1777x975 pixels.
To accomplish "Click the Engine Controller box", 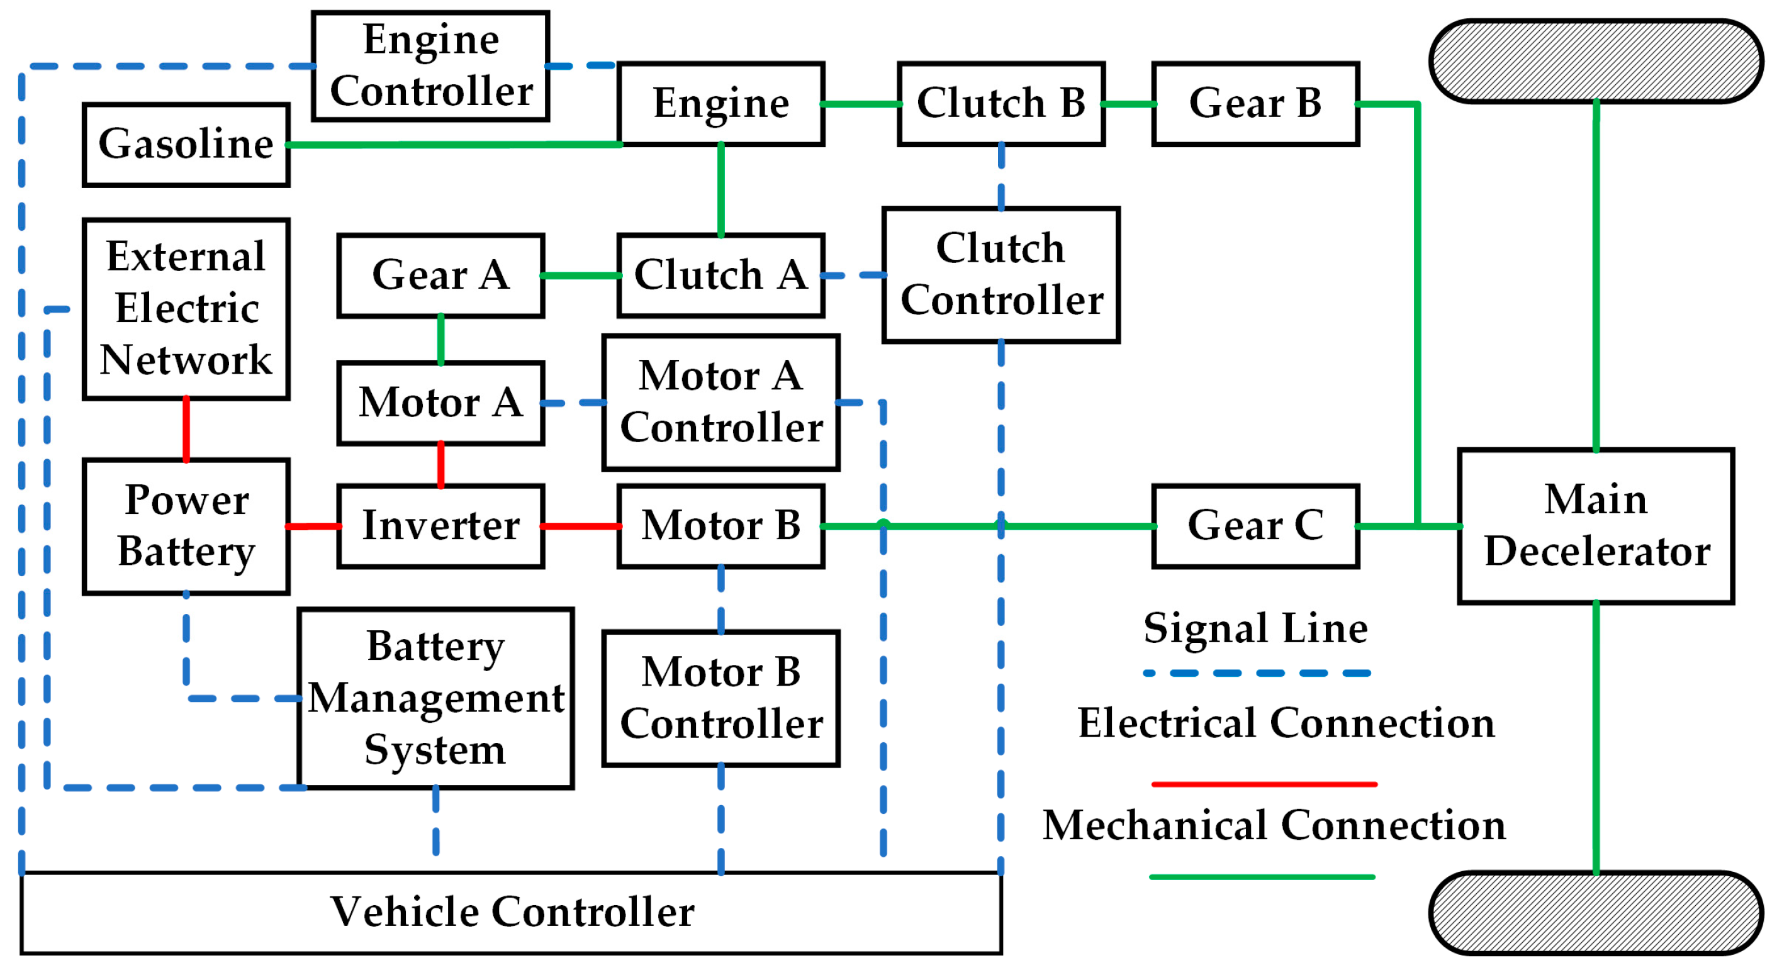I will coord(430,65).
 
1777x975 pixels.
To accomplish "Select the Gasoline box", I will coord(186,145).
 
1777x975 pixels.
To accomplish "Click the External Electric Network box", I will coord(186,309).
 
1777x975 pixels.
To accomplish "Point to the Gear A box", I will coord(441,275).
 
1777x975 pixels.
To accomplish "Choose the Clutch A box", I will coord(721,275).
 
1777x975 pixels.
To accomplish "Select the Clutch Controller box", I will coord(1001,274).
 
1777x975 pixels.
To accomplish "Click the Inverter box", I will coord(441,526).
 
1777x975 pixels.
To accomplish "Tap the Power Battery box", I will coord(186,526).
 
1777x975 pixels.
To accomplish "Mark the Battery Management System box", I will coord(436,698).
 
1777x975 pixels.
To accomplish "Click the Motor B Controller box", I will coord(721,698).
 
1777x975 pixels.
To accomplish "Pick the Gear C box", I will coord(1255,526).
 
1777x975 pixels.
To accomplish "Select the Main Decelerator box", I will coord(1596,526).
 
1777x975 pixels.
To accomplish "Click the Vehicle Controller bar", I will coord(511,913).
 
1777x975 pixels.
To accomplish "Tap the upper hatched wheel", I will coord(1596,60).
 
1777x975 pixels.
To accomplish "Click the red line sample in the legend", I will coord(1264,784).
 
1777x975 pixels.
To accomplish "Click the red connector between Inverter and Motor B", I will coord(581,526).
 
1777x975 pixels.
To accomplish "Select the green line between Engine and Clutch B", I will coord(861,104).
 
